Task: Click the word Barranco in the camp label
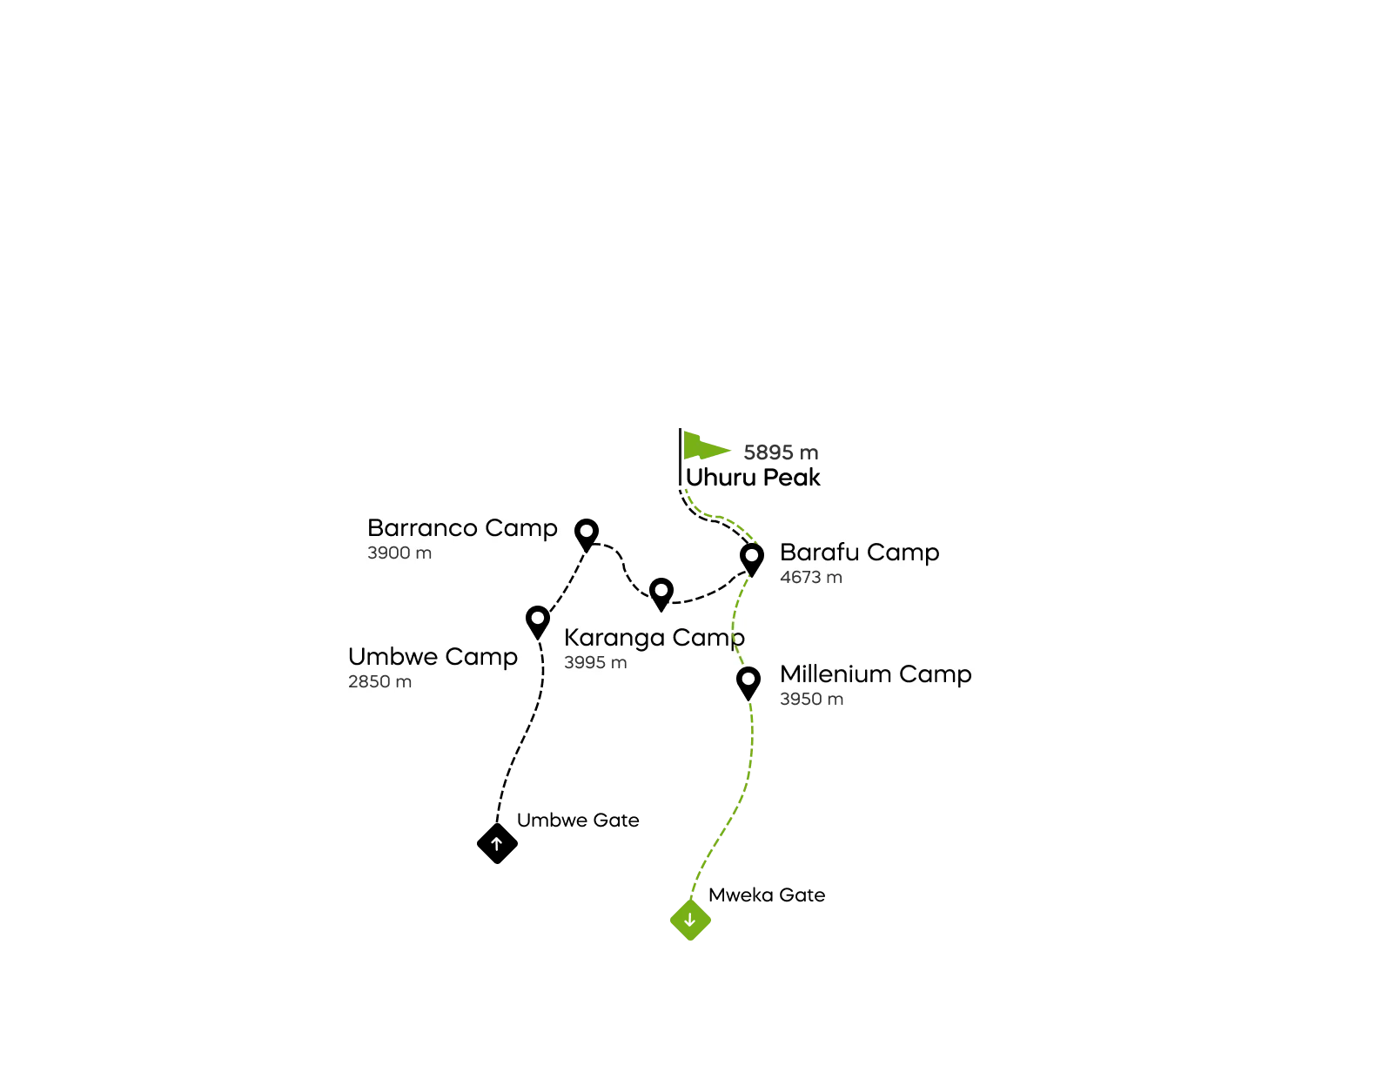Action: [x=423, y=528]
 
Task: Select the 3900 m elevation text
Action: [x=399, y=553]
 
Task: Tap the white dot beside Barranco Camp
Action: [x=587, y=530]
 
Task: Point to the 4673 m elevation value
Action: [x=811, y=578]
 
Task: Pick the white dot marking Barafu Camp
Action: [x=752, y=555]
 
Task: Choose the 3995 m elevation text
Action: [x=595, y=663]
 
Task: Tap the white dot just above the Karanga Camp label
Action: [x=661, y=590]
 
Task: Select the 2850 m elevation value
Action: [x=379, y=682]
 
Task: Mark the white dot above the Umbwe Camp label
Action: [x=538, y=618]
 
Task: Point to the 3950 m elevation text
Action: [x=811, y=700]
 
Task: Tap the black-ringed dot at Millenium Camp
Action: [x=748, y=679]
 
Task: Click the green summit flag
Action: [x=703, y=446]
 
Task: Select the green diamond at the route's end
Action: [x=692, y=921]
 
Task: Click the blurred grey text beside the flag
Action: [x=781, y=452]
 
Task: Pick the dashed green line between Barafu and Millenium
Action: [x=736, y=618]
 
